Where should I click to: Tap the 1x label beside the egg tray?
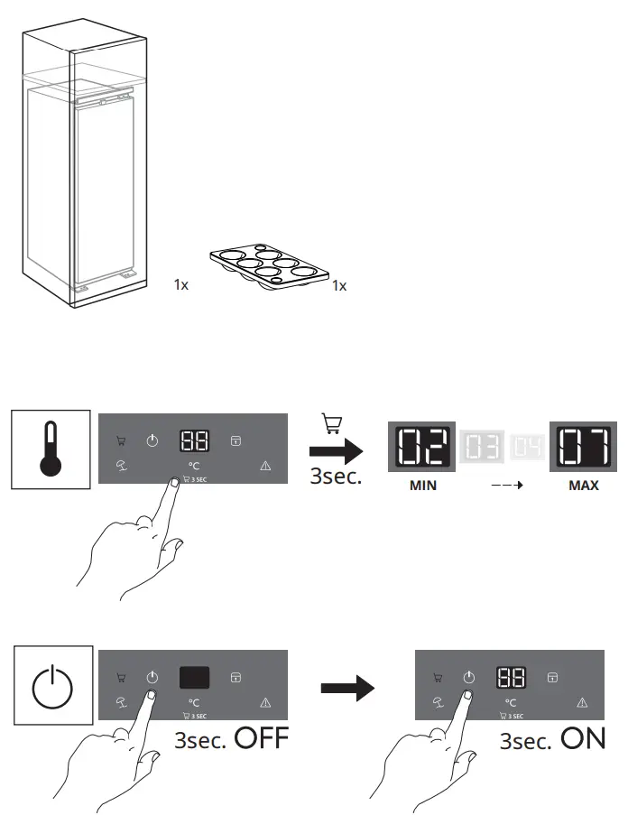(x=339, y=285)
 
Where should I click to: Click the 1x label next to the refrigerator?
(x=181, y=284)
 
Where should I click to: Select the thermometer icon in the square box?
(x=51, y=449)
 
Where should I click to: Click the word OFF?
(x=261, y=739)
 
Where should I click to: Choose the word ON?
(x=583, y=739)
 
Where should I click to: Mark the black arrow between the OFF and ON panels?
(x=347, y=690)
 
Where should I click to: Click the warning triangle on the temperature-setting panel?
(x=265, y=465)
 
